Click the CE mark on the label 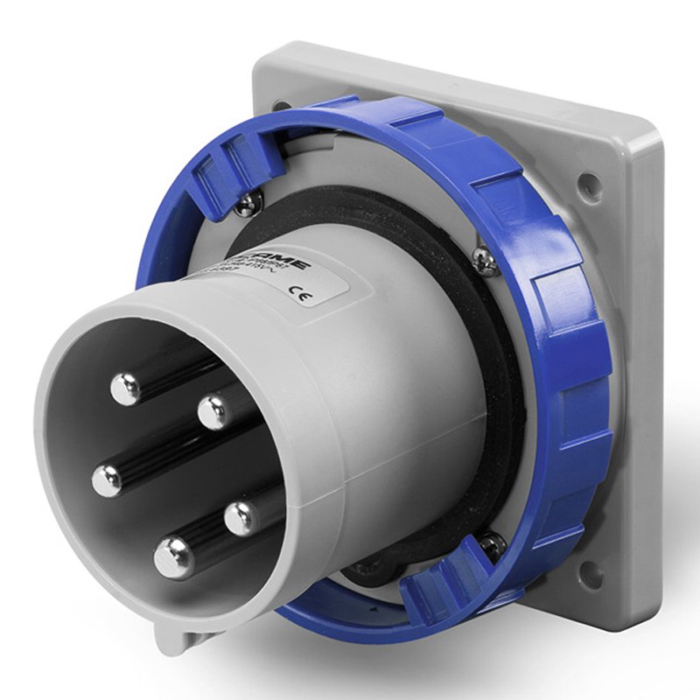pyautogui.click(x=307, y=296)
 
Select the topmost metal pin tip pyautogui.click(x=127, y=388)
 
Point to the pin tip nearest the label pyautogui.click(x=212, y=411)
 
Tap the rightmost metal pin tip pyautogui.click(x=242, y=518)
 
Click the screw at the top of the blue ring pyautogui.click(x=248, y=204)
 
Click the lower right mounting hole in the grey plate pyautogui.click(x=591, y=574)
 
